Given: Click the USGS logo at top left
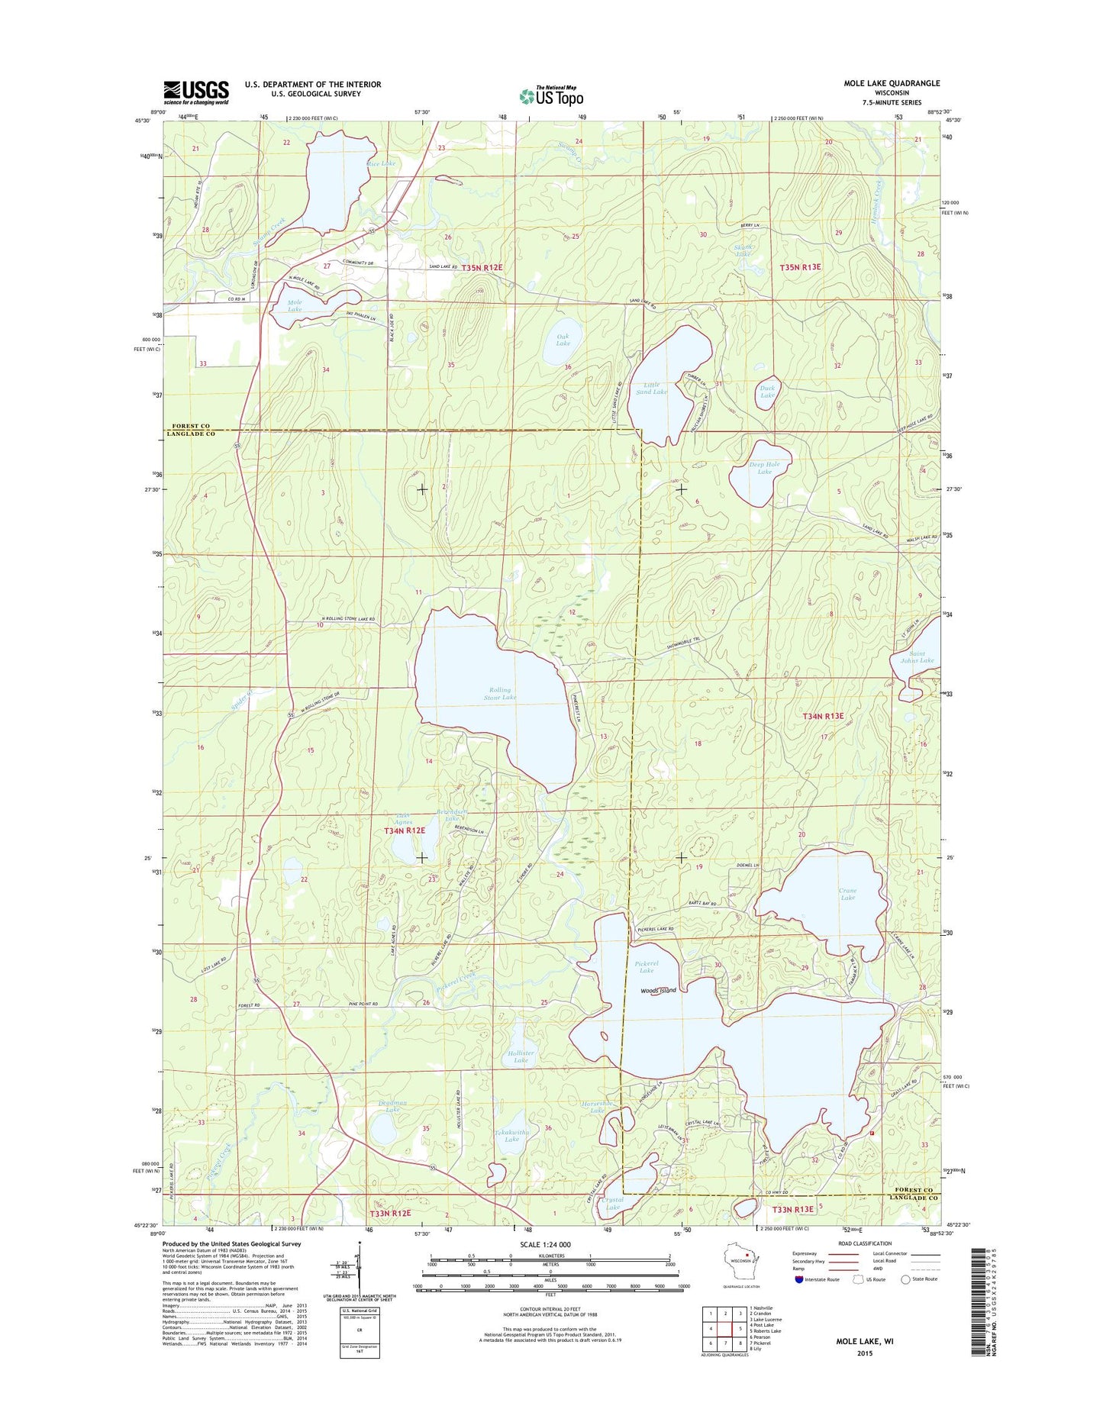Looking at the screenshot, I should click(x=195, y=92).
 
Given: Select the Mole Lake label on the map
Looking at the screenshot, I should click(x=295, y=305).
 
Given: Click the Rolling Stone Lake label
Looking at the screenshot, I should click(x=500, y=693).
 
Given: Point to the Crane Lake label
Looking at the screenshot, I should click(x=847, y=894).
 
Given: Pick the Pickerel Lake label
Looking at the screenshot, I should click(x=646, y=966).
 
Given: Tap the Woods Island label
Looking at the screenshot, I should click(x=658, y=990).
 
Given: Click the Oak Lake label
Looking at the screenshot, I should click(x=563, y=340).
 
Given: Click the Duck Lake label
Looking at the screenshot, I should click(x=767, y=392).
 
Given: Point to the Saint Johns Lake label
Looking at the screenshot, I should click(x=917, y=656).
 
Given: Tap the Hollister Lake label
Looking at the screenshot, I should click(x=521, y=1056).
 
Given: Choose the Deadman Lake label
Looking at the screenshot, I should click(x=392, y=1106).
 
